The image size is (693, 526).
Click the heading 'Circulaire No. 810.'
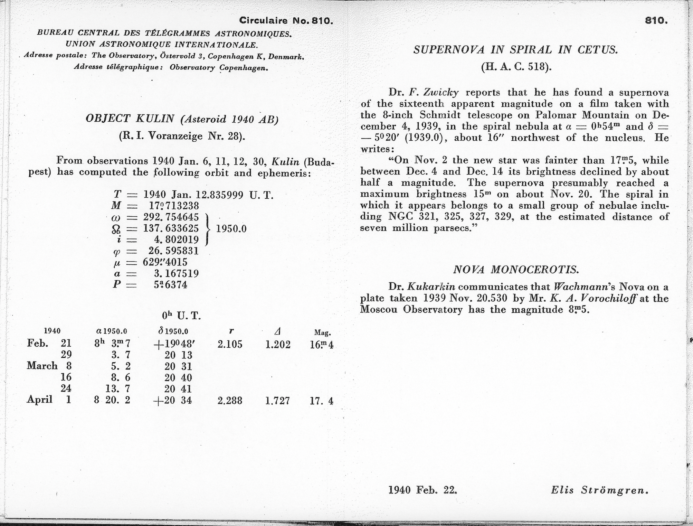286,21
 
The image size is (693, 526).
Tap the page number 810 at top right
656,20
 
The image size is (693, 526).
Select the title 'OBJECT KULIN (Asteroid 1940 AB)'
182,119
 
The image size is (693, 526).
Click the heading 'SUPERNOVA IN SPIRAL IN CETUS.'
515,50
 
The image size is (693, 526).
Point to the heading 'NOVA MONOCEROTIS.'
515,269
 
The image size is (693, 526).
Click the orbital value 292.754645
171,217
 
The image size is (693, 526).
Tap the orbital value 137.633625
171,228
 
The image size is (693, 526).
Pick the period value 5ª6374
171,285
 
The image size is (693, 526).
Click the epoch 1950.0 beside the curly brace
231,229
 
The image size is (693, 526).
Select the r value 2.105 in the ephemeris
230,344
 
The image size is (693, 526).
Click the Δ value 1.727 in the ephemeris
277,401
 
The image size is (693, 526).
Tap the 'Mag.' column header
322,333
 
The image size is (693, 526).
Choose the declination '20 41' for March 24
178,389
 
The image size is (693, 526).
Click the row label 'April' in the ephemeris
40,400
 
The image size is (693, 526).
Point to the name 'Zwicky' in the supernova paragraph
440,92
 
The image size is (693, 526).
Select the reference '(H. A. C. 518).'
516,67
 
